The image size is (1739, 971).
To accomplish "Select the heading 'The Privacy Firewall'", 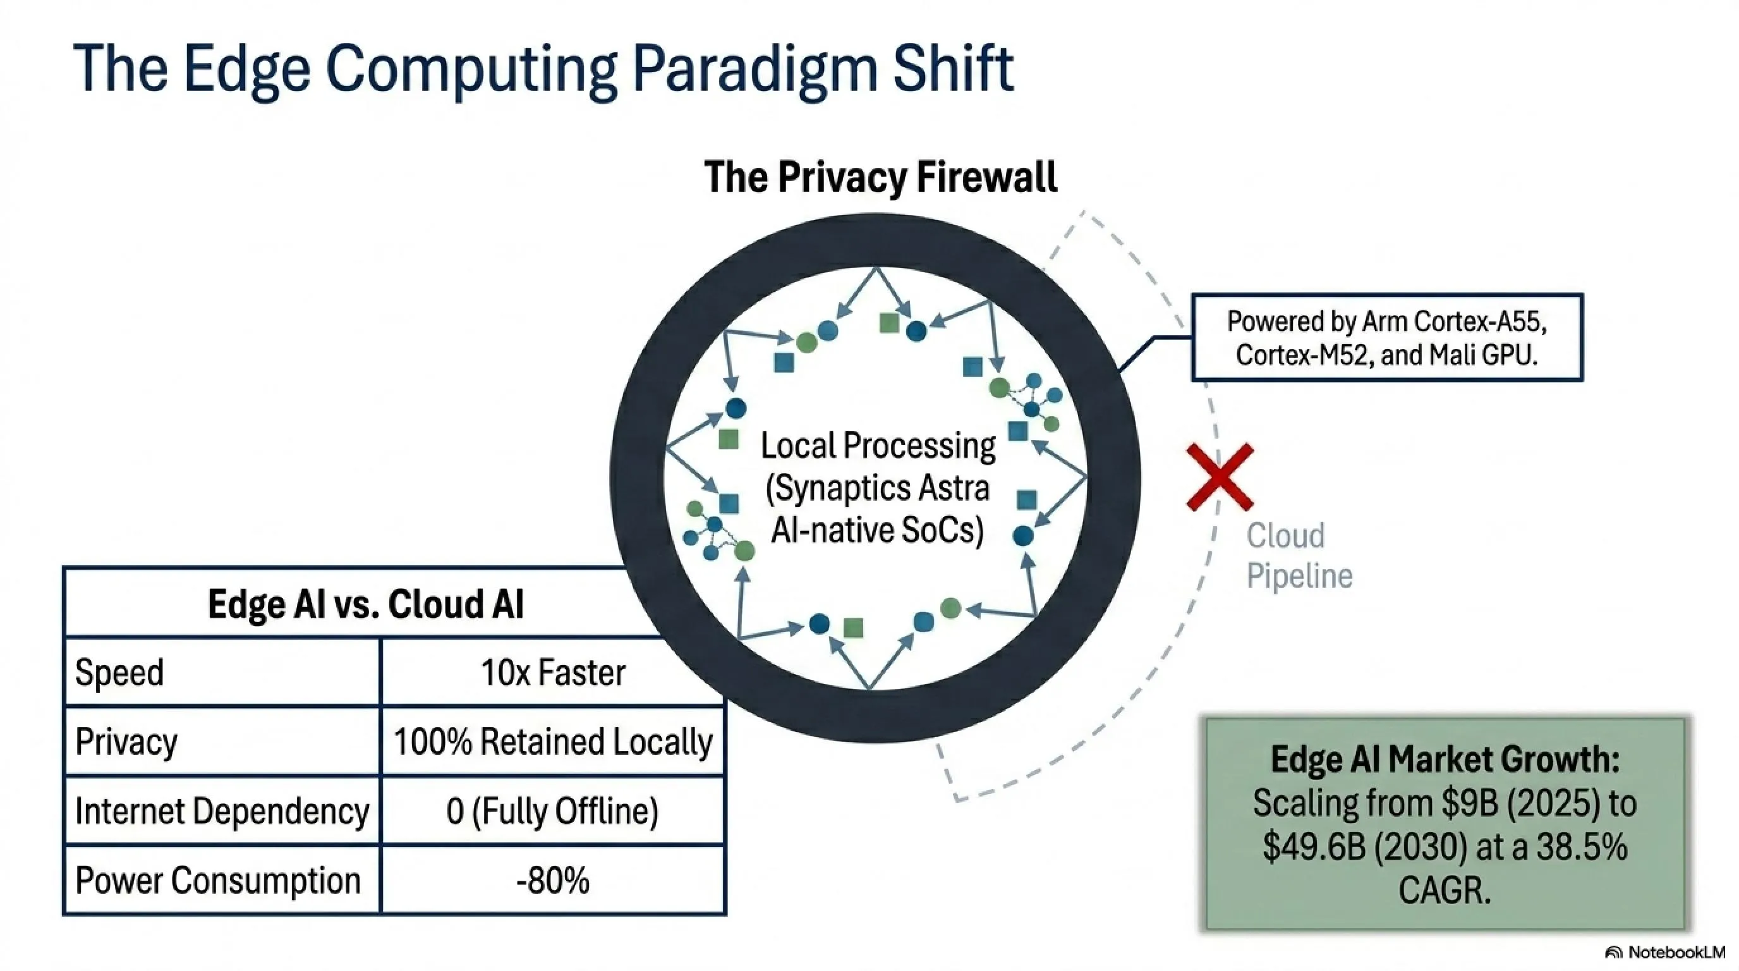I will (x=880, y=177).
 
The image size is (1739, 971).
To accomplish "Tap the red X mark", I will (x=1220, y=477).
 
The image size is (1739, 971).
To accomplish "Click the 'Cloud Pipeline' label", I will (x=1299, y=556).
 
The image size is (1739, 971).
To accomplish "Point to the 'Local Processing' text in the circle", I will (x=878, y=446).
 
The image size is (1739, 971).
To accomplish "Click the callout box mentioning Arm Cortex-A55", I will (x=1386, y=338).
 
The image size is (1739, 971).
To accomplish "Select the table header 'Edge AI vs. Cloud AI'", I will (x=366, y=604).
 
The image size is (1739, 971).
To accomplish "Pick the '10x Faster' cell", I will (x=553, y=673).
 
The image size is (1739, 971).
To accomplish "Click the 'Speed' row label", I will (x=119, y=673).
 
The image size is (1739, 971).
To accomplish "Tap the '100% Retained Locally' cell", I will (x=553, y=742).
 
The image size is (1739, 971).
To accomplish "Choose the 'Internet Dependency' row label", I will (x=222, y=810).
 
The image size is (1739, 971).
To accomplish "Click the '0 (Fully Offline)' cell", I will (x=552, y=810).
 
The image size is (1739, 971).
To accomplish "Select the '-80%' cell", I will (x=553, y=881).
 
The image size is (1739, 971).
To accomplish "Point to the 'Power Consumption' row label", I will (x=218, y=881).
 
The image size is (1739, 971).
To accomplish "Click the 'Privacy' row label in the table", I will (x=126, y=742).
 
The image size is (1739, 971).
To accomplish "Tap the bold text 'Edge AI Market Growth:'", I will (x=1445, y=759).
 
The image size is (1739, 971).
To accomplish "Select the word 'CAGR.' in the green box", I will (x=1445, y=890).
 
